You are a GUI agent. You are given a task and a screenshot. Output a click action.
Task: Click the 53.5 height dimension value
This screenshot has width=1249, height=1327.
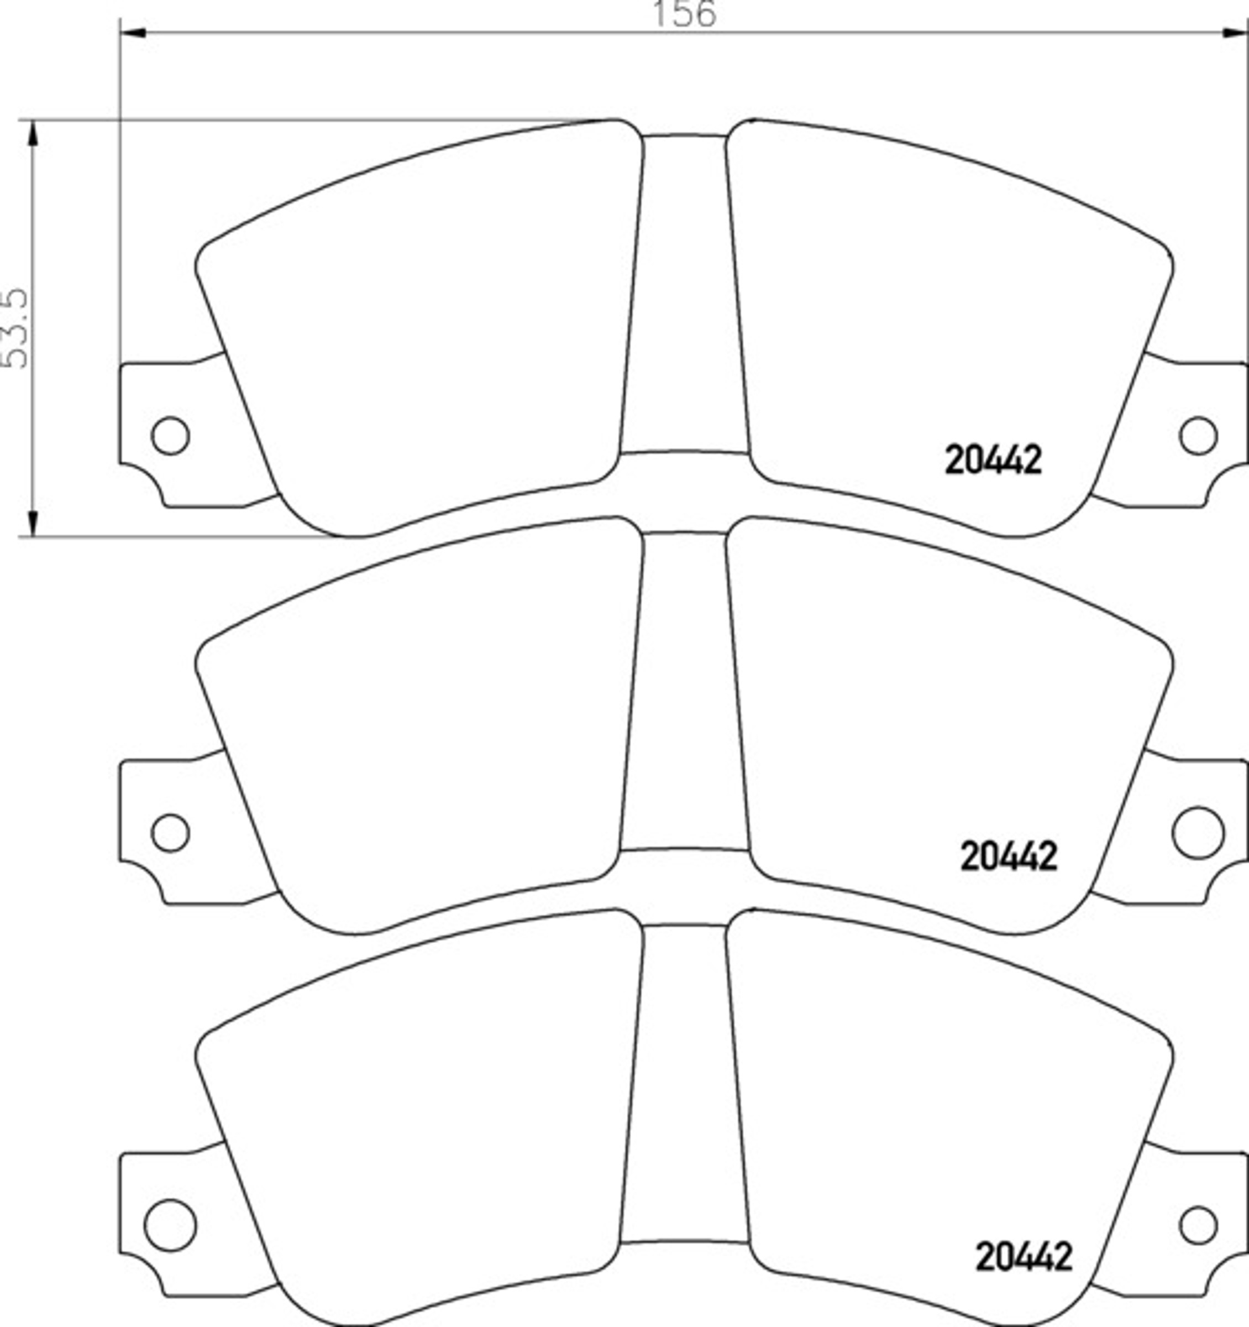[x=15, y=328]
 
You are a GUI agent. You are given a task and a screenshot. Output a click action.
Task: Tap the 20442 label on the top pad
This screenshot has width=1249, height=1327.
[x=993, y=461]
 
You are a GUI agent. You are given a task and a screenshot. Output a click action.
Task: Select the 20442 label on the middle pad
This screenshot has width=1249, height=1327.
[x=1009, y=856]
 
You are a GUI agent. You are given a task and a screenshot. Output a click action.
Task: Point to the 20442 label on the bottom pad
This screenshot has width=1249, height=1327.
[x=1024, y=1257]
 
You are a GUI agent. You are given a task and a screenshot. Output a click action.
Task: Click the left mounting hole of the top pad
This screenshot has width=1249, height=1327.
[x=170, y=435]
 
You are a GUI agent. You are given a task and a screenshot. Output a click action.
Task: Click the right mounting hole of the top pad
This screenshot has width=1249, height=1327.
[x=1198, y=435]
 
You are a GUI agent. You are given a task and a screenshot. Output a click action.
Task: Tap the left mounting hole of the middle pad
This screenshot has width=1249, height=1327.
[x=170, y=832]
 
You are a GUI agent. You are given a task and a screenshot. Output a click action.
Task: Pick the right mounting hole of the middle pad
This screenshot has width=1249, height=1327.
[x=1198, y=832]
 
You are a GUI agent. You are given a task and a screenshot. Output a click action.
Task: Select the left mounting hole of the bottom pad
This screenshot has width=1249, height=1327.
[x=170, y=1225]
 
